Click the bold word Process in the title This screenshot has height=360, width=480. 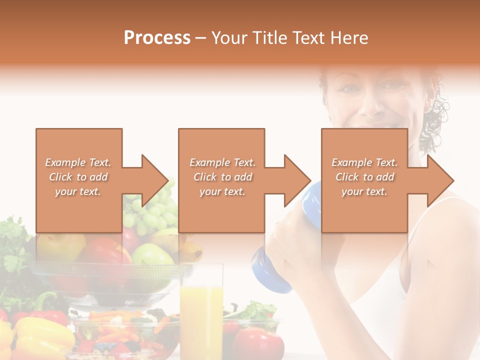pos(156,38)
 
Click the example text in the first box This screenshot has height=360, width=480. pos(78,177)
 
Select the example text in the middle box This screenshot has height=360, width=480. pos(222,177)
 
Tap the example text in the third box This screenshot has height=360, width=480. pos(364,177)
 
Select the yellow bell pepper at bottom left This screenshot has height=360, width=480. pos(37,340)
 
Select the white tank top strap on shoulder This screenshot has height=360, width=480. pos(440,210)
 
